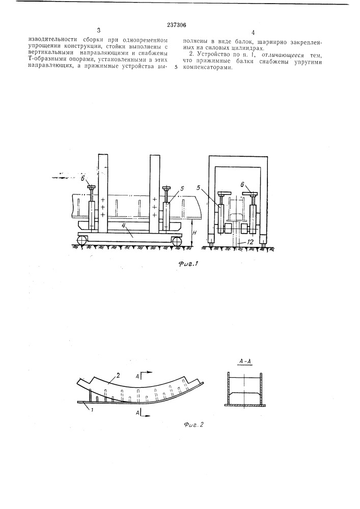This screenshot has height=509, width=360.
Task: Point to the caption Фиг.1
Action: tap(188, 264)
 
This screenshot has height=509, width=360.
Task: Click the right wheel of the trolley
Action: tap(177, 241)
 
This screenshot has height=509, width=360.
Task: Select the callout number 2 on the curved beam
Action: tap(119, 376)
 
